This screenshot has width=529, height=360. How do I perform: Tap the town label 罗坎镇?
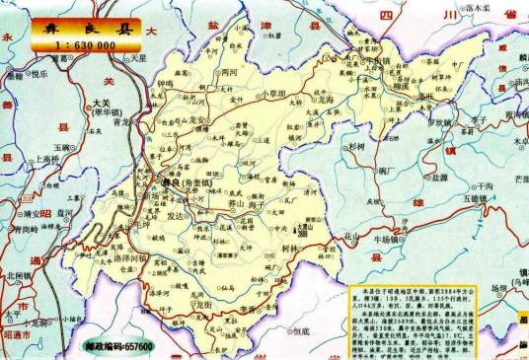(x=424, y=123)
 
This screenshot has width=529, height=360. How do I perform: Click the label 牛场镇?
(x=393, y=238)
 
